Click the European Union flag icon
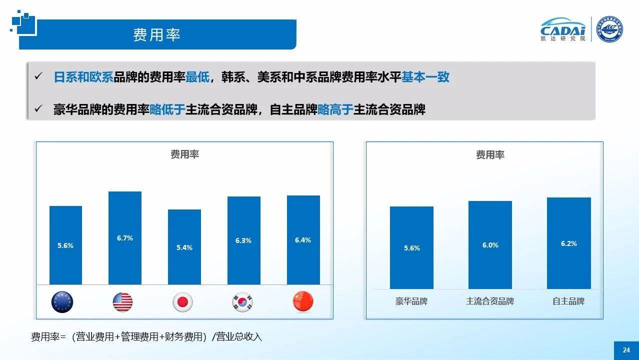[x=62, y=302]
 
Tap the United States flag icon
[x=122, y=302]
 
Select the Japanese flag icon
[x=182, y=302]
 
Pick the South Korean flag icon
[x=242, y=302]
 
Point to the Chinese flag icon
[x=303, y=302]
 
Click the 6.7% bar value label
[x=125, y=238]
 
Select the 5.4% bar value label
[x=184, y=247]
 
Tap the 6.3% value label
[x=243, y=240]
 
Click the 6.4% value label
[x=303, y=240]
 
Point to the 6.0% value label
[x=490, y=245]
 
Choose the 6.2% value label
[x=568, y=243]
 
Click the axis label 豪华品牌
[x=411, y=301]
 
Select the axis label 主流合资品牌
[x=490, y=301]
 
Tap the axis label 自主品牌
[x=568, y=301]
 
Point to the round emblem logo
[x=610, y=29]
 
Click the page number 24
[x=626, y=350]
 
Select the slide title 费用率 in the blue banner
[x=156, y=34]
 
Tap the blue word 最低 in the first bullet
[x=197, y=77]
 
